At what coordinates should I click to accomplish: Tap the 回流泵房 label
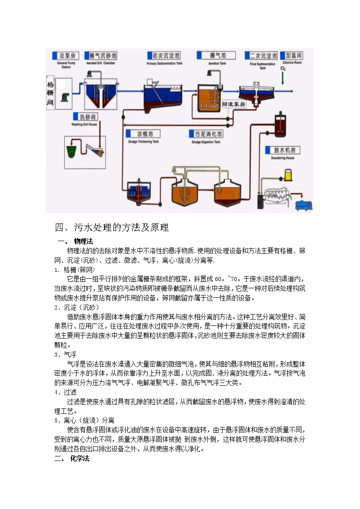point(234,104)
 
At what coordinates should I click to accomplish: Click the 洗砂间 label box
point(84,116)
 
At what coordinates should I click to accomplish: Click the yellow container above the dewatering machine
point(287,175)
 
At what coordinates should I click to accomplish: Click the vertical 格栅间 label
point(50,94)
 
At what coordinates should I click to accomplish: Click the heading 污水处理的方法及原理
point(112,227)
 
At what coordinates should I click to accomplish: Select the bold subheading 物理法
point(83,241)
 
